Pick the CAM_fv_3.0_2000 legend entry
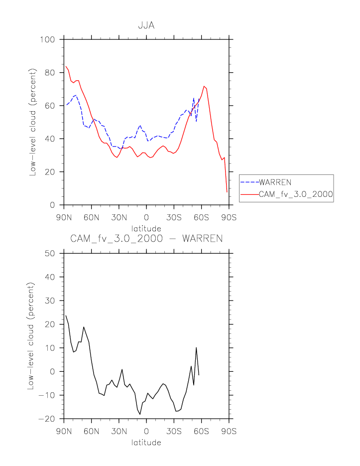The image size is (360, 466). [296, 195]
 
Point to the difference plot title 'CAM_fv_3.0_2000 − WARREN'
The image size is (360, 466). [146, 239]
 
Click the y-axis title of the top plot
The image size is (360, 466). [33, 122]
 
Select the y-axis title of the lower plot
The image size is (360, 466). [33, 336]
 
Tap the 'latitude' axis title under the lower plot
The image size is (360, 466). [146, 442]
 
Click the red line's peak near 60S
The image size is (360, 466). [204, 86]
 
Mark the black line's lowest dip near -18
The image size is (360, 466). [140, 414]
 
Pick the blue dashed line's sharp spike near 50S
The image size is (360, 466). [194, 98]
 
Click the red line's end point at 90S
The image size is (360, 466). [227, 192]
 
